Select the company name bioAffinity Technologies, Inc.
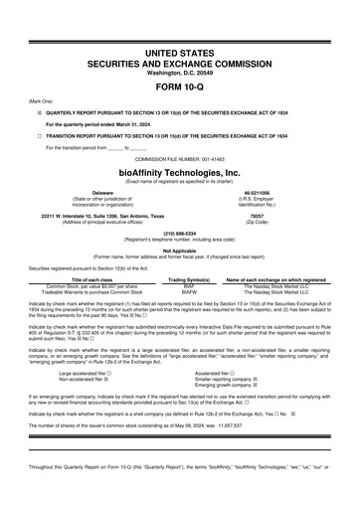click(x=180, y=171)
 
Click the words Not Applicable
click(x=180, y=252)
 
